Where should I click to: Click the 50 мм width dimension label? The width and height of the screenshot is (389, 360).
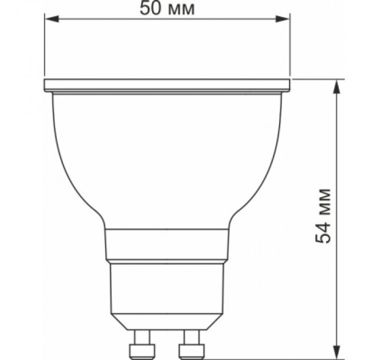pyautogui.click(x=166, y=9)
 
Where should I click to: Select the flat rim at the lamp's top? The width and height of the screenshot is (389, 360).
pyautogui.click(x=167, y=85)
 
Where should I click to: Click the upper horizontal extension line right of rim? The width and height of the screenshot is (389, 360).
pyautogui.click(x=320, y=78)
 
